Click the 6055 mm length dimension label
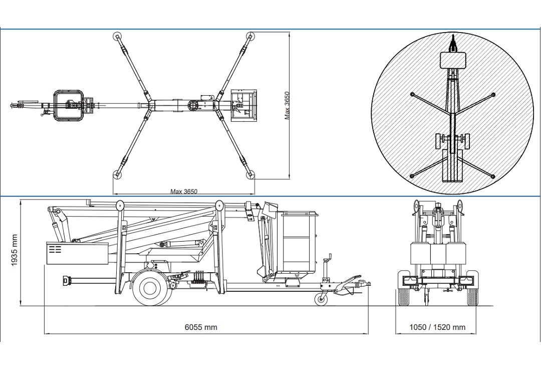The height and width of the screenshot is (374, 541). click(x=201, y=327)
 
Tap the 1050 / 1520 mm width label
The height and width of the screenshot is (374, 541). click(x=437, y=327)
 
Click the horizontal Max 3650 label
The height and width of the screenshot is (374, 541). click(x=184, y=191)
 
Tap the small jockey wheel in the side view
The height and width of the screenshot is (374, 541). click(x=319, y=300)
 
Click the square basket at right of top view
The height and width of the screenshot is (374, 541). click(x=243, y=105)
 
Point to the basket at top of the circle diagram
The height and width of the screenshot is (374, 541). click(x=453, y=60)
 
